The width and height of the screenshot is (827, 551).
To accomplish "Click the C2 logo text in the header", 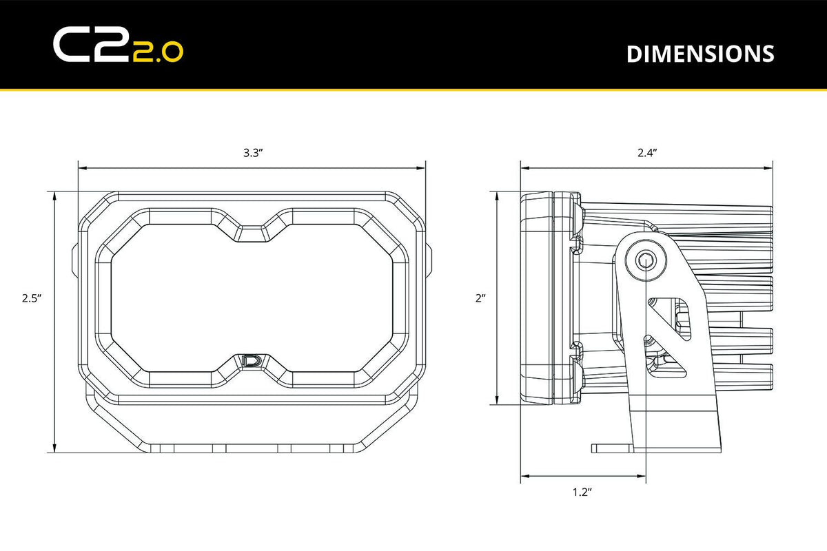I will tap(90, 45).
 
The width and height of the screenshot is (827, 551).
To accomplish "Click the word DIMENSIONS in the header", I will tap(700, 54).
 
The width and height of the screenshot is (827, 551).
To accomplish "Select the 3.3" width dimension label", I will tap(252, 153).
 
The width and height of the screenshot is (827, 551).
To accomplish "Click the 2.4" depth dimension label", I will tap(646, 153).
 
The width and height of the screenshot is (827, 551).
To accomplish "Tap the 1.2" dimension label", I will tap(582, 492).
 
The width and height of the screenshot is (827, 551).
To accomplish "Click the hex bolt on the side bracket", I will tap(646, 260).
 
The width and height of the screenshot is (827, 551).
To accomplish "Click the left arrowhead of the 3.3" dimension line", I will tap(81, 167).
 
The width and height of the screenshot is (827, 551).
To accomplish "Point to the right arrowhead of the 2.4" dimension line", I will tap(768, 167).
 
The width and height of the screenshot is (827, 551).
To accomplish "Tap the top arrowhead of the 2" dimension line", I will tap(497, 196).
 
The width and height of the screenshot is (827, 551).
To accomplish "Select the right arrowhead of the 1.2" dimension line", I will tap(642, 475).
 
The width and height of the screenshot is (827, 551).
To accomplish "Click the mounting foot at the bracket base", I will tap(613, 448).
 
